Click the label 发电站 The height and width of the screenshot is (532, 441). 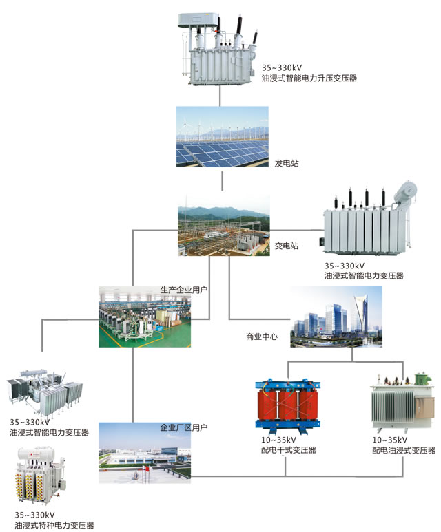[x=287, y=163]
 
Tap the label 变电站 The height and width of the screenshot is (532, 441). [x=287, y=245]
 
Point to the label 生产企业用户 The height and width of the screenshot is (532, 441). [x=184, y=291]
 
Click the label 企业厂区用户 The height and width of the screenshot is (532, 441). [x=184, y=427]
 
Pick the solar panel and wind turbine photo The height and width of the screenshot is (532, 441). [x=222, y=136]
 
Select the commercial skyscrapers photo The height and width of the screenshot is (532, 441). [x=336, y=316]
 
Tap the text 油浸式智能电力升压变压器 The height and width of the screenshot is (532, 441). [x=309, y=78]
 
